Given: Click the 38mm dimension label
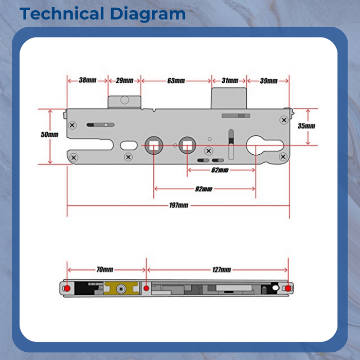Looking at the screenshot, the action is click(87, 80).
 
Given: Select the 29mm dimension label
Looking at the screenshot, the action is click(124, 81).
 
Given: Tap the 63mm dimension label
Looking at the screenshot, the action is click(176, 81).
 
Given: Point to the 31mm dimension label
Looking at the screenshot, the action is click(230, 81).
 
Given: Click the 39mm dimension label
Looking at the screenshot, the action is click(269, 81).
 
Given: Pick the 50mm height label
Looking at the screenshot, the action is click(49, 134).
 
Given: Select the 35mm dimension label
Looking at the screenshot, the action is click(307, 126).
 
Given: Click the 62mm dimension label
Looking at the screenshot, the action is click(220, 170).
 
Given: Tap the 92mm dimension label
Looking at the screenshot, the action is click(204, 189).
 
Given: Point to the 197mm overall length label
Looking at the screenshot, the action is click(178, 205).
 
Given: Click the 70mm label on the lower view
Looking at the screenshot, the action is click(105, 269).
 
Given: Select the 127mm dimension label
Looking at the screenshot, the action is click(222, 269).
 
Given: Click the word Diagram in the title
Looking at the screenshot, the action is click(148, 14).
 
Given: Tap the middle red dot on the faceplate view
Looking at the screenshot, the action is click(146, 288).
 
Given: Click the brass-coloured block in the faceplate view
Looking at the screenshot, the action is click(121, 288).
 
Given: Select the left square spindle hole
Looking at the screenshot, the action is click(154, 146).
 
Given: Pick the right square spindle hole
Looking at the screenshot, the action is click(187, 146).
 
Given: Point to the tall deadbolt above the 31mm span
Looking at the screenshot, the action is click(229, 98).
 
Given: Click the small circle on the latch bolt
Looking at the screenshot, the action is click(124, 100).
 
